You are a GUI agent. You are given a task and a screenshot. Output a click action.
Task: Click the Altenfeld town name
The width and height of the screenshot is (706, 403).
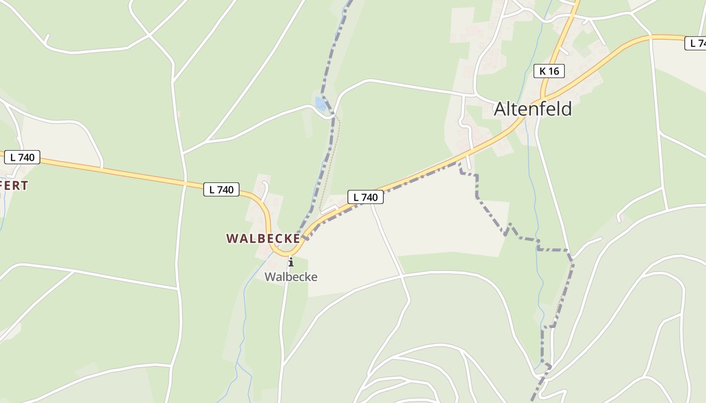[533, 109]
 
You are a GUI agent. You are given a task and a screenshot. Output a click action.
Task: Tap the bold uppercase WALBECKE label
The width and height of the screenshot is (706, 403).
[263, 238]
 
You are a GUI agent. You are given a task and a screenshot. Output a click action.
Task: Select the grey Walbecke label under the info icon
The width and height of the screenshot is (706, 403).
[291, 277]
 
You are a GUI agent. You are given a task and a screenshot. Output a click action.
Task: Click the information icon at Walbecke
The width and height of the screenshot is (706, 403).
[290, 262]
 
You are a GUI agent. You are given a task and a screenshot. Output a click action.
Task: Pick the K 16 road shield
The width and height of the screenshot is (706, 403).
[549, 71]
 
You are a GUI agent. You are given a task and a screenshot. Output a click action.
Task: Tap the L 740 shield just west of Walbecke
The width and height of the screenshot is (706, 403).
[221, 189]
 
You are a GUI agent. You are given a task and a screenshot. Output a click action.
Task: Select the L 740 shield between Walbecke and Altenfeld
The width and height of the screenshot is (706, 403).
[365, 197]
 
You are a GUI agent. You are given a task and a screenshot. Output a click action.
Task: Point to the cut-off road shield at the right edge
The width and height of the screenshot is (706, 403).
[696, 43]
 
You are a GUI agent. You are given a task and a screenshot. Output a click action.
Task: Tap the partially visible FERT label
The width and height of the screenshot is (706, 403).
[14, 185]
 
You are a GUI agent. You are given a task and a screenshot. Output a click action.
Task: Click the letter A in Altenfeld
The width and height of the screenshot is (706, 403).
[500, 109]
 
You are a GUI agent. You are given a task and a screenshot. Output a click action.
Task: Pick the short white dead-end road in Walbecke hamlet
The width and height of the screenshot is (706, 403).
[264, 189]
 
